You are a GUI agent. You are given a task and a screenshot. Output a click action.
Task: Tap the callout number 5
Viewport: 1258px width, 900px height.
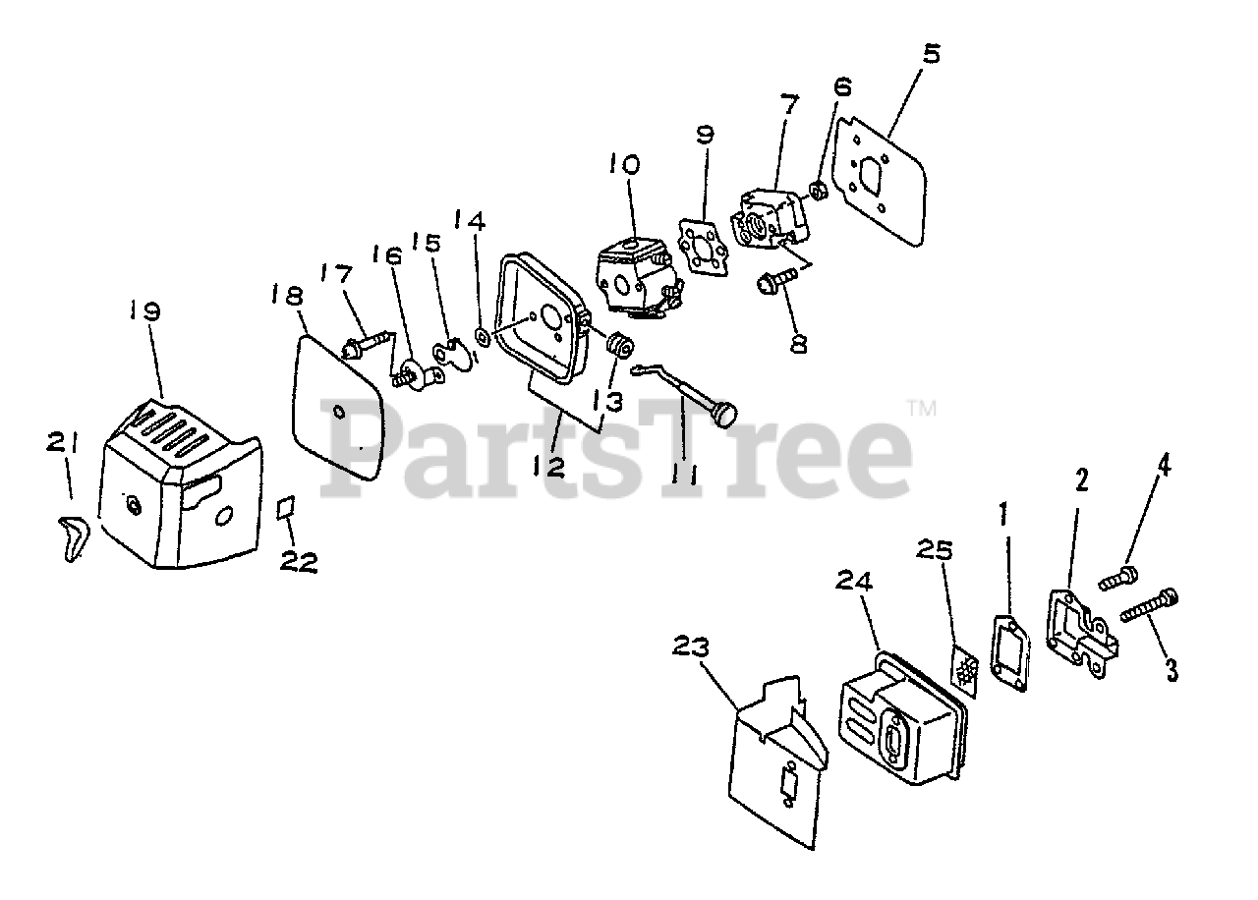930,53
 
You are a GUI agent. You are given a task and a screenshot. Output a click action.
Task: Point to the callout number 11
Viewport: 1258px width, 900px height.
684,475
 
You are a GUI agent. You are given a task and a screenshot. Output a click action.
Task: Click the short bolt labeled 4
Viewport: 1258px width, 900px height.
1119,578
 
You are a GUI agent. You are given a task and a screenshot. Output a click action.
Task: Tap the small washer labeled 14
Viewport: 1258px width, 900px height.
482,337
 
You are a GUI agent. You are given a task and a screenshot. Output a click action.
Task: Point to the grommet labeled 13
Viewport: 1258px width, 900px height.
619,348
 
